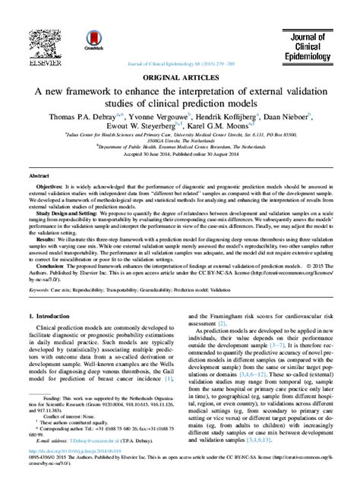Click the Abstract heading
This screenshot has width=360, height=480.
39,175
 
